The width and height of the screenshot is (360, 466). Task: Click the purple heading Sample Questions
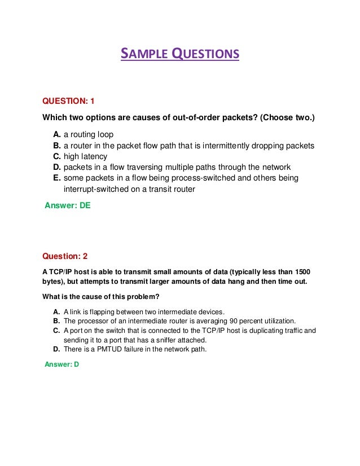coord(180,54)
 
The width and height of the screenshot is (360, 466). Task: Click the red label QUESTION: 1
coord(69,101)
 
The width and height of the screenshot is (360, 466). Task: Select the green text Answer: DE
coord(68,206)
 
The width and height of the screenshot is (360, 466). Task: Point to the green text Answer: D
coord(62,365)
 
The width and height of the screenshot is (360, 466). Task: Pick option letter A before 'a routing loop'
coord(57,135)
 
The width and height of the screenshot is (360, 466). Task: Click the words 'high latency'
coord(85,156)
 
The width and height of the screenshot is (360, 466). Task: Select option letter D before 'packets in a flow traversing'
coord(57,167)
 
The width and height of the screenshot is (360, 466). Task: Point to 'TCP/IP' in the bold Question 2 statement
coord(60,271)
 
